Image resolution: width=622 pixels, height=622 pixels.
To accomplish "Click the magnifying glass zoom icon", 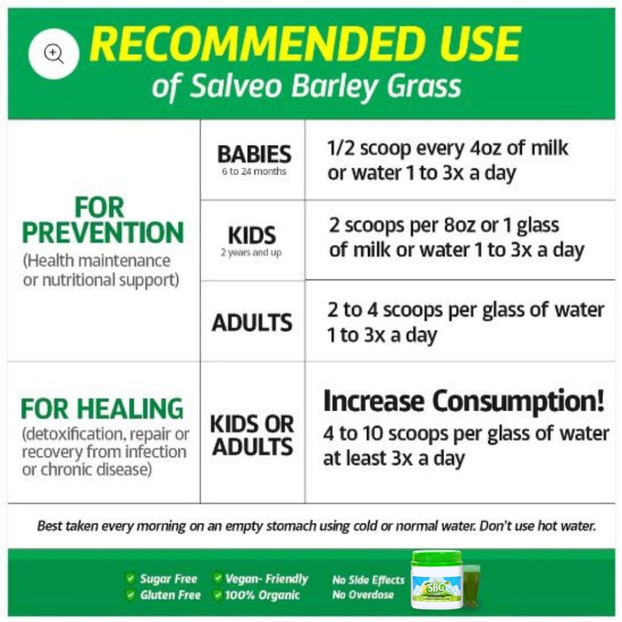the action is (53, 53).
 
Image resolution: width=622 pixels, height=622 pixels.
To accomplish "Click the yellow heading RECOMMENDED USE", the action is (305, 43).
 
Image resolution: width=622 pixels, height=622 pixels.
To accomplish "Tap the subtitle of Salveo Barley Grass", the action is (306, 86).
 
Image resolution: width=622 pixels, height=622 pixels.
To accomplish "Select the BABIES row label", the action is (255, 154).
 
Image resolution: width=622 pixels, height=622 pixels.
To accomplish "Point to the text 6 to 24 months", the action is (254, 171).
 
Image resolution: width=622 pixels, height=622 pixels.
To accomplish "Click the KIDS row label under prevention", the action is (252, 235).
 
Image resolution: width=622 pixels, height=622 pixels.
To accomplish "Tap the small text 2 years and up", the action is (251, 253).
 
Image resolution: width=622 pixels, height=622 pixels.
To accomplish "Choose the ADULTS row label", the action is (252, 323).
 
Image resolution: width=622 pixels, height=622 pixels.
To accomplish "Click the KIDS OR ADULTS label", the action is (252, 435).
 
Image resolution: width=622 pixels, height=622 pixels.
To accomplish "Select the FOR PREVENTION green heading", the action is (103, 220).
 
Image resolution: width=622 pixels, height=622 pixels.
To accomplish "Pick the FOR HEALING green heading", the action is (102, 409).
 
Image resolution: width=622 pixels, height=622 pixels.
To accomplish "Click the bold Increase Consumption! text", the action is (464, 401).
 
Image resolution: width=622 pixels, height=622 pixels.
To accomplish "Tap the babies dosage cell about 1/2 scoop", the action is (448, 160).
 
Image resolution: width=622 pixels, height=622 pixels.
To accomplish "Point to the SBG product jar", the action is (437, 579).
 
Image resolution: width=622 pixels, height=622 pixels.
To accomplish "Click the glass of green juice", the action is (471, 586).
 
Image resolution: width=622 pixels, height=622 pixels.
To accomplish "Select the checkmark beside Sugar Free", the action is (130, 578).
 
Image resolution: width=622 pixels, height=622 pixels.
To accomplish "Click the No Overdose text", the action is (363, 595).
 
